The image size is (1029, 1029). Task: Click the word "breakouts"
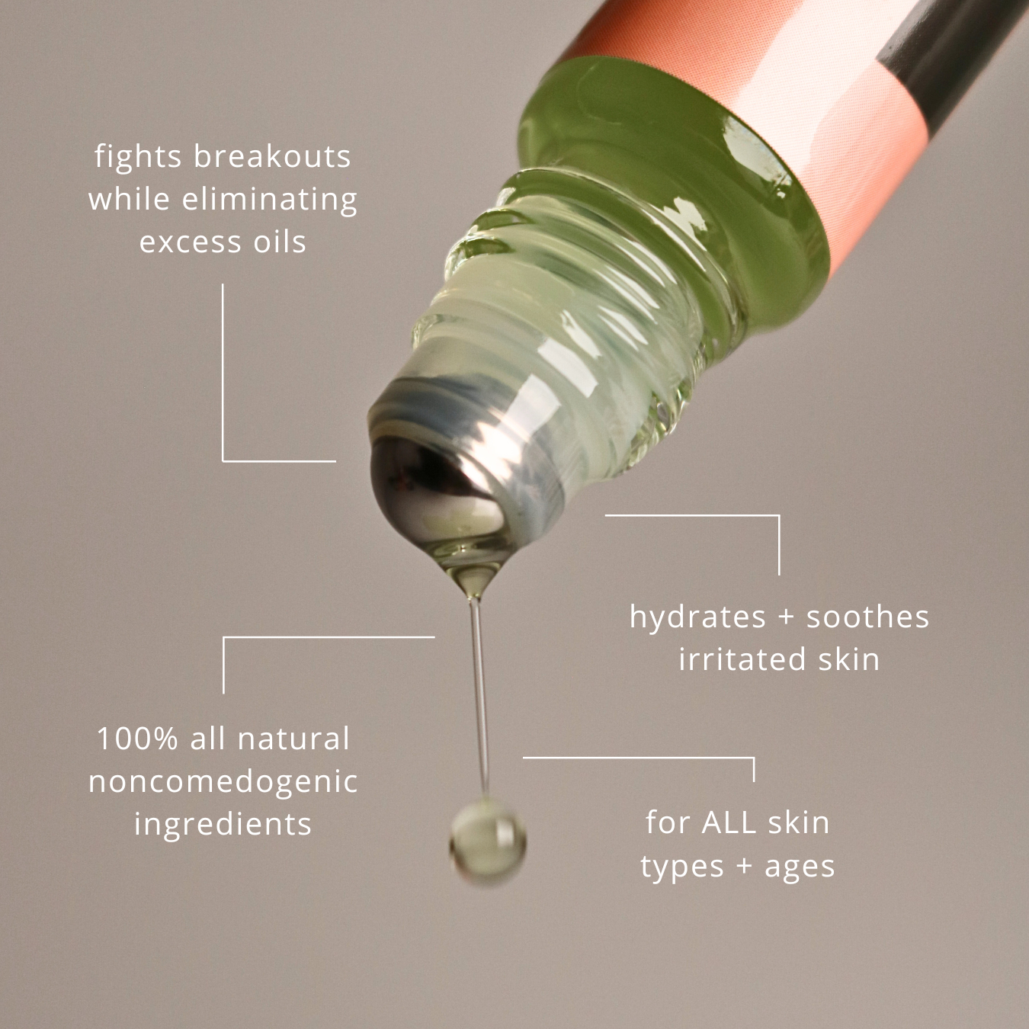click(x=272, y=156)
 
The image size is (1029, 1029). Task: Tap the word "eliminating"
click(x=270, y=199)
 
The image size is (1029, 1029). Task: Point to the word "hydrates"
click(x=697, y=617)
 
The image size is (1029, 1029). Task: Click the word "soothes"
click(x=867, y=617)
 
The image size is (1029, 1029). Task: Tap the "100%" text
click(x=137, y=739)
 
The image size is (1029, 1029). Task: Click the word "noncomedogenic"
click(x=223, y=782)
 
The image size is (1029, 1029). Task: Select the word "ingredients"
click(x=223, y=825)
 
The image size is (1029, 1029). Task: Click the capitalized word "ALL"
click(x=729, y=822)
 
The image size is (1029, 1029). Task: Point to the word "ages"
click(x=800, y=867)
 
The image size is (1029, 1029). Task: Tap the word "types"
click(x=681, y=867)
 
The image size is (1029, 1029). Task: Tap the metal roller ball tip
click(x=434, y=488)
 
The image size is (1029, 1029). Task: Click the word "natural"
click(x=293, y=739)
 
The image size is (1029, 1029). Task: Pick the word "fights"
click(x=138, y=156)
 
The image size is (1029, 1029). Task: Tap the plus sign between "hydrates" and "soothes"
click(x=786, y=617)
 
